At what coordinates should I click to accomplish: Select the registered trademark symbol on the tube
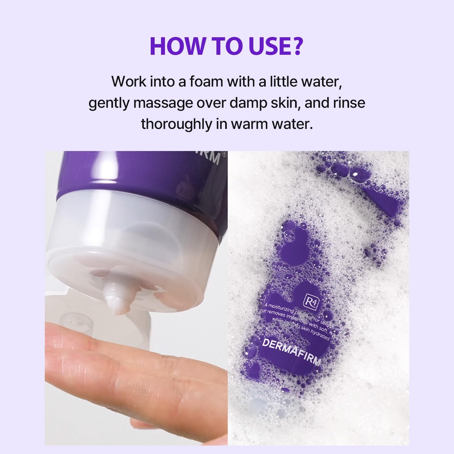(x=223, y=154)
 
